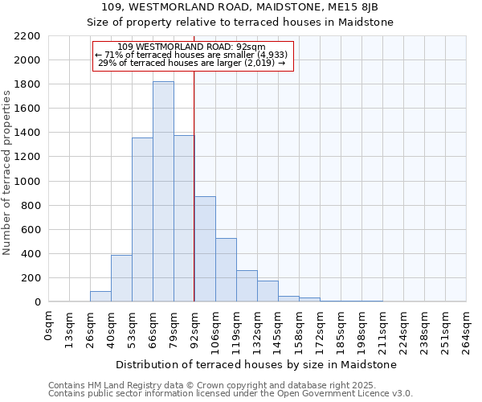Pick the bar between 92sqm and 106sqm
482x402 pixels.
click(x=205, y=249)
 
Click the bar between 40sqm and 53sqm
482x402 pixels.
click(x=121, y=278)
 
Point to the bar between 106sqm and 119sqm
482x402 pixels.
click(x=226, y=270)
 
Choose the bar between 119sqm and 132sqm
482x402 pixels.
click(x=247, y=286)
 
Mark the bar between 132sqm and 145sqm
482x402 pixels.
click(x=268, y=291)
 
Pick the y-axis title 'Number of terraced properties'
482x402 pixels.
click(x=7, y=173)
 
